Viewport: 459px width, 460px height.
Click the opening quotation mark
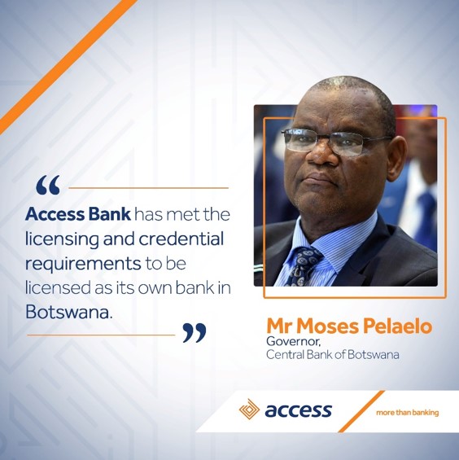[x=48, y=185]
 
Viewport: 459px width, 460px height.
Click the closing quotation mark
[x=195, y=333]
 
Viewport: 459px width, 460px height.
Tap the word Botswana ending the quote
[x=69, y=312]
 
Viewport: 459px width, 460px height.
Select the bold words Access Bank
[x=78, y=214]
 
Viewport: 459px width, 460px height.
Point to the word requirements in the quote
[x=83, y=265]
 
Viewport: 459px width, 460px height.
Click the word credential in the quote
[x=181, y=239]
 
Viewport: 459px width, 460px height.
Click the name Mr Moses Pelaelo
[x=349, y=326]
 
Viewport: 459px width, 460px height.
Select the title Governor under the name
[x=293, y=341]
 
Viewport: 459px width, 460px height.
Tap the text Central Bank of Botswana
[x=333, y=355]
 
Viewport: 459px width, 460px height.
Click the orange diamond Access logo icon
[x=249, y=410]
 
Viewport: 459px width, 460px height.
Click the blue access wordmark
[x=299, y=410]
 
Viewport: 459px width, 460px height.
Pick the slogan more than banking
[x=408, y=413]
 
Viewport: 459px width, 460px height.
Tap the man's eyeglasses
[x=334, y=141]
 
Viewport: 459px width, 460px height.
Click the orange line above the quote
[x=148, y=188]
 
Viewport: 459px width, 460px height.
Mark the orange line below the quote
[x=101, y=335]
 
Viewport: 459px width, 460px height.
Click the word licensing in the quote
[x=62, y=239]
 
